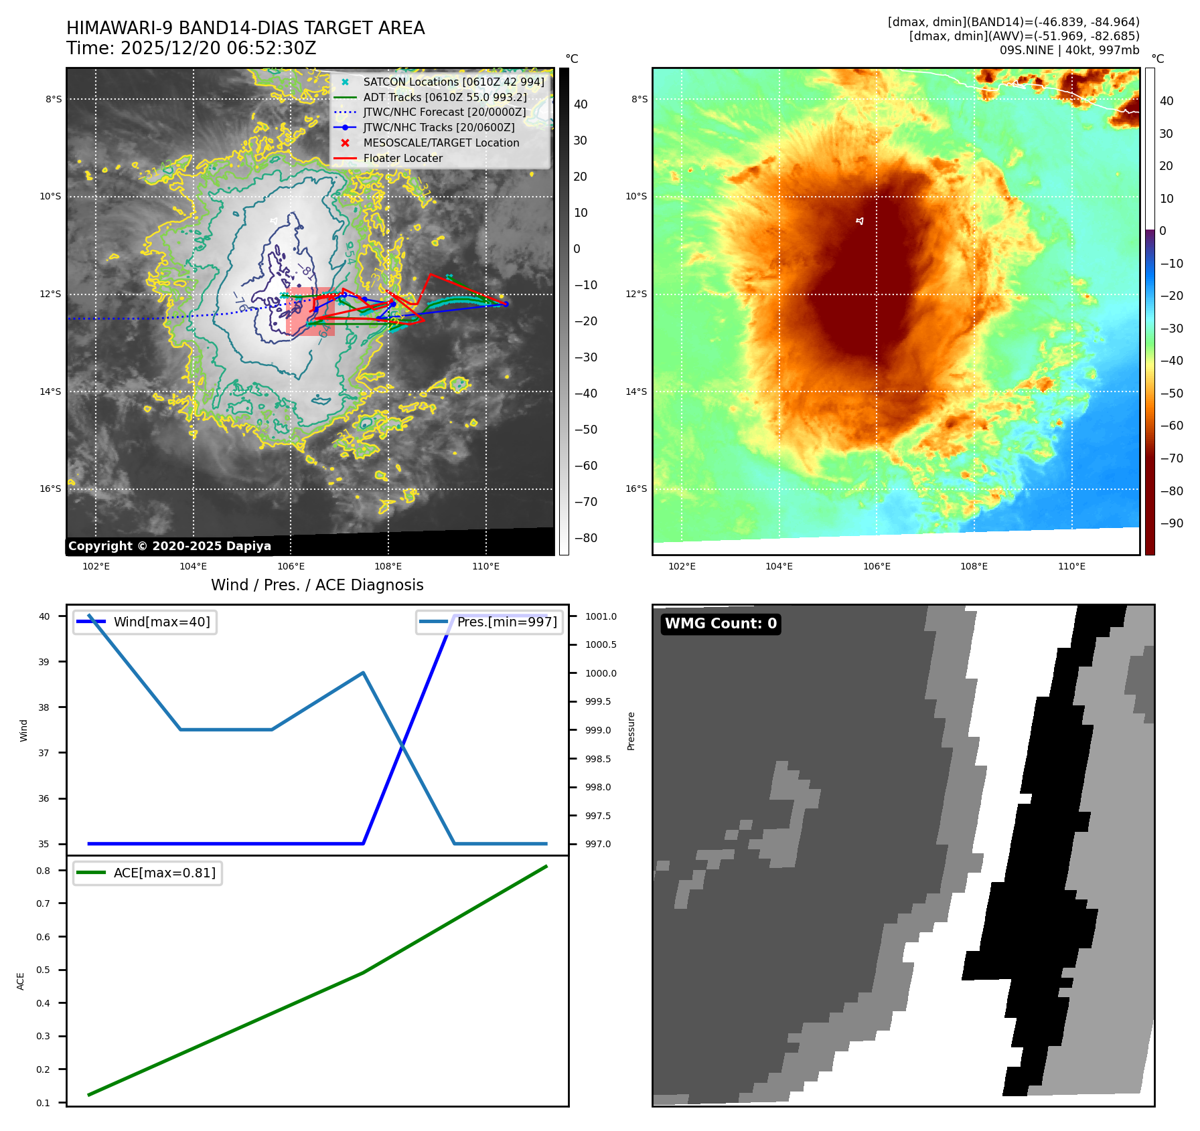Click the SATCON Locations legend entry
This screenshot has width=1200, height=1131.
tap(453, 82)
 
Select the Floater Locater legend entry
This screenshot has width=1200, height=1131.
tap(402, 158)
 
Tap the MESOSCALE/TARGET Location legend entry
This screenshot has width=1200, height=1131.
tap(441, 143)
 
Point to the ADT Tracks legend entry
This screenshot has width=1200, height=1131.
tap(445, 97)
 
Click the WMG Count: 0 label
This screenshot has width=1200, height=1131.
tap(721, 624)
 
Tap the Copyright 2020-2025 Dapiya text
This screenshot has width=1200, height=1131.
tap(169, 546)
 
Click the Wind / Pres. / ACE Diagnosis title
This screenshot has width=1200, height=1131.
tap(317, 585)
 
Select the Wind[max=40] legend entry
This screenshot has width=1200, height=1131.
tap(161, 622)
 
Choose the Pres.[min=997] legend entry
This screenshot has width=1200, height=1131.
tap(506, 622)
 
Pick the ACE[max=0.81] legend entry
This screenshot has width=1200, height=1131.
tap(164, 873)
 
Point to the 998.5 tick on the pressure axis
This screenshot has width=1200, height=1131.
tap(597, 759)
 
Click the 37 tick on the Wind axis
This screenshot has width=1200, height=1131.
tap(44, 753)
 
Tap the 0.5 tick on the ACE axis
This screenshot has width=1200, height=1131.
tap(44, 970)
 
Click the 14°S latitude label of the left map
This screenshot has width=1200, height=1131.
tap(50, 391)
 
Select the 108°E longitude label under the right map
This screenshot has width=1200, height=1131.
tap(974, 566)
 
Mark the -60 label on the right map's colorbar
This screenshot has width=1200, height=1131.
tap(1171, 426)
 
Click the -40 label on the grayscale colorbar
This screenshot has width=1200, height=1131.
tap(585, 394)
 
